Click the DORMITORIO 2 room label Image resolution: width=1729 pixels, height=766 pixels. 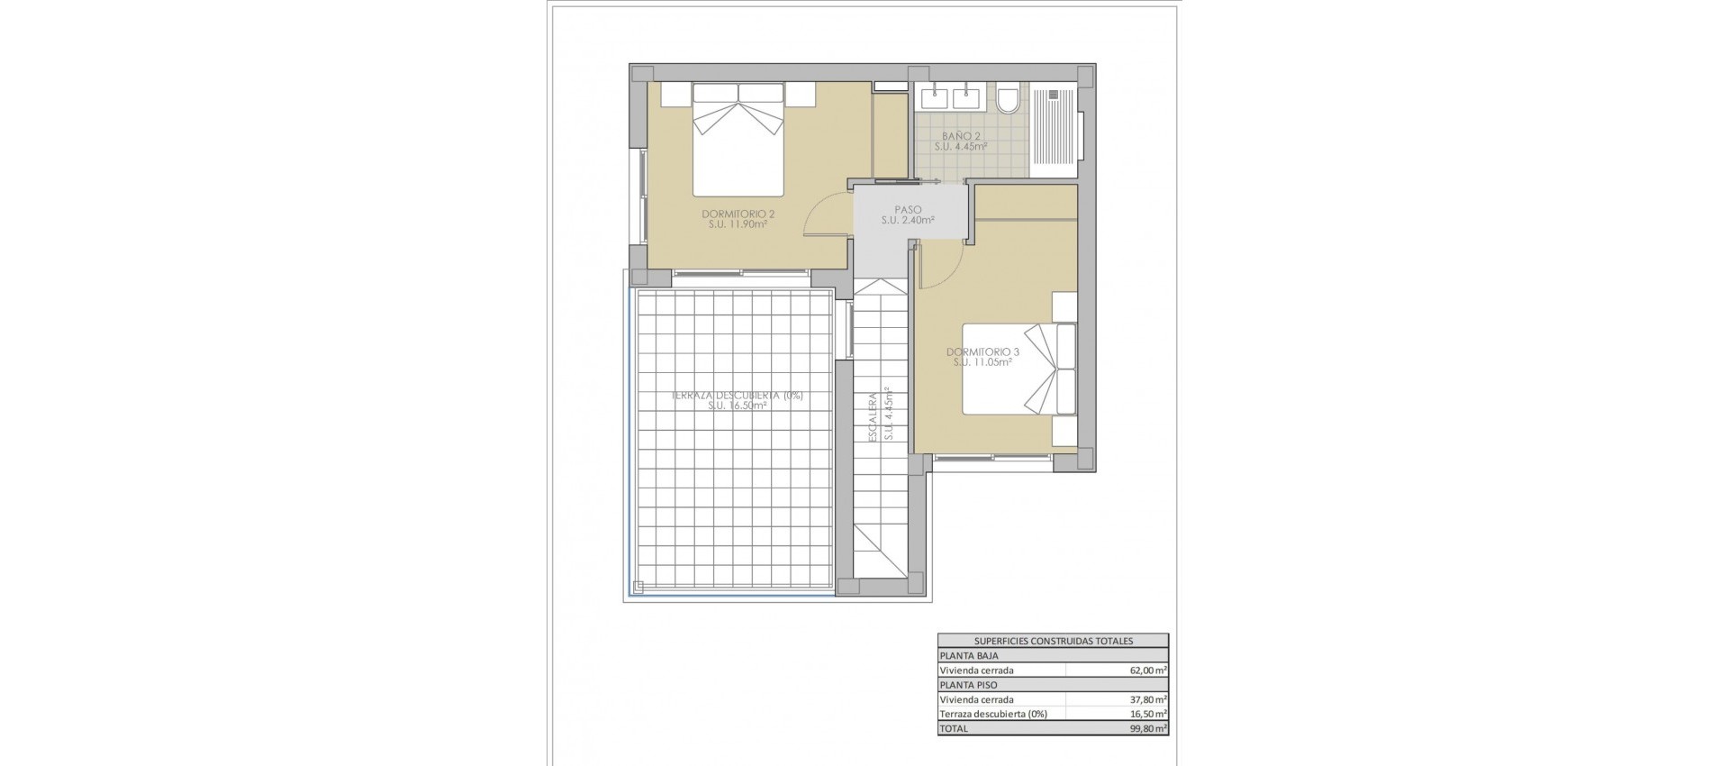pos(738,214)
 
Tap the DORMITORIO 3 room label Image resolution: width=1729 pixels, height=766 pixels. pos(982,351)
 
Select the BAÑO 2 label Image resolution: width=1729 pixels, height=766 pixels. pos(960,135)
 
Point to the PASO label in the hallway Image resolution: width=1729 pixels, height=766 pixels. pos(908,209)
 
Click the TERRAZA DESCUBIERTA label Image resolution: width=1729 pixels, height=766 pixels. pos(738,396)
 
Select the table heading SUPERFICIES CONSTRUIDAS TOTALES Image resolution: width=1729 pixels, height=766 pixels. pos(1053,641)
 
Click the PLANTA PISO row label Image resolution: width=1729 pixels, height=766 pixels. pos(968,685)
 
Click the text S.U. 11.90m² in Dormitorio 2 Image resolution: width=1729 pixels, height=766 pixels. pos(738,225)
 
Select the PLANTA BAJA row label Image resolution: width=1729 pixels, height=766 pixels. pos(968,656)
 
